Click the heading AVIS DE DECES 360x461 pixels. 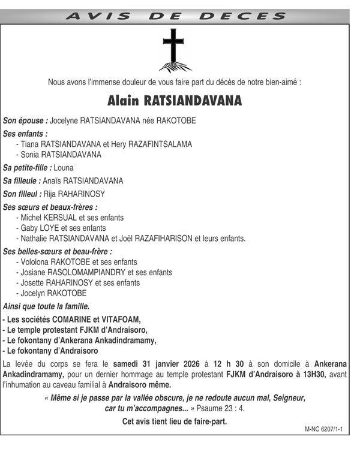point(175,17)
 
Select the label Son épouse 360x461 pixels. point(25,120)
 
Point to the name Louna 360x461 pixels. point(64,168)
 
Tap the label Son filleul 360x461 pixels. point(22,194)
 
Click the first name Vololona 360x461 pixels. point(35,262)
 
